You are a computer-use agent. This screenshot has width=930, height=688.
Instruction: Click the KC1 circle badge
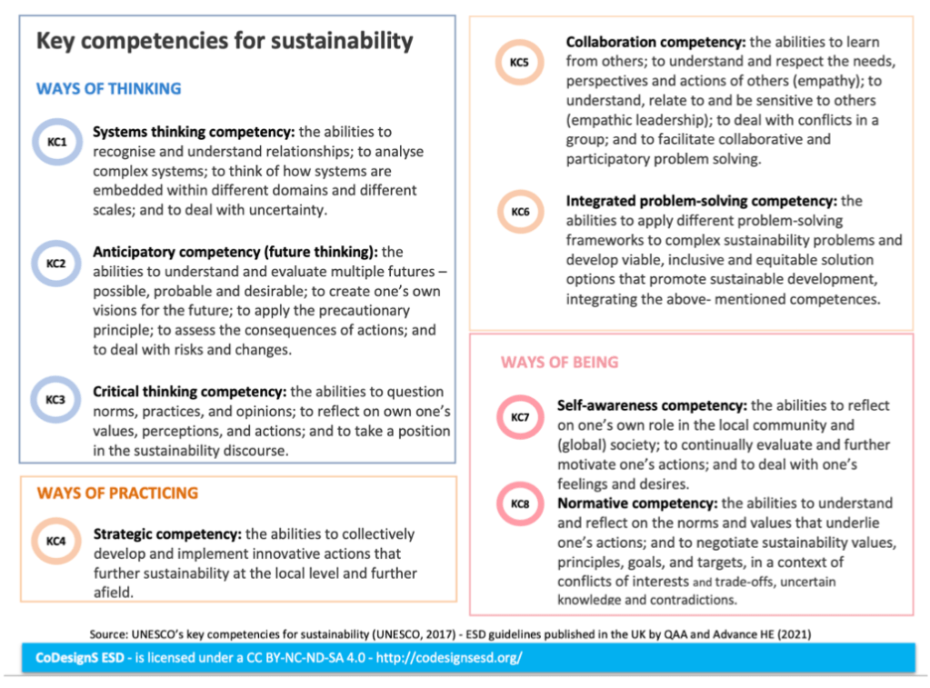pos(56,142)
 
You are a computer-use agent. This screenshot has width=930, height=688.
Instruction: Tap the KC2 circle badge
pos(56,264)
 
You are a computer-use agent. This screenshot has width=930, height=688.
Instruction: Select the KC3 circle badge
pos(56,400)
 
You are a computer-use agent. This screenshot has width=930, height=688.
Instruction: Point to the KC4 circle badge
pos(56,542)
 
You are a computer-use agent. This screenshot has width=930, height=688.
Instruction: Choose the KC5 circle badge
pos(519,63)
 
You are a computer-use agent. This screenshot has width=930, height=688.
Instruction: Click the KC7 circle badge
pos(520,417)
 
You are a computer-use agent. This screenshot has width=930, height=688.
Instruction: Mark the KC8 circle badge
pos(520,504)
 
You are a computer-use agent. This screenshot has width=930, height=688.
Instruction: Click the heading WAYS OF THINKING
pos(108,89)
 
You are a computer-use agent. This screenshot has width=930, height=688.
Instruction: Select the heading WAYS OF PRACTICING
pos(117,494)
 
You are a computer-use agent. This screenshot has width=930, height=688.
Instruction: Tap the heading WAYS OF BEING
pos(559,363)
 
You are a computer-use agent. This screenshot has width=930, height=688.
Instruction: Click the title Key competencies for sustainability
pos(224,41)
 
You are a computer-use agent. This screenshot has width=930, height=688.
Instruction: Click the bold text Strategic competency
pos(167,534)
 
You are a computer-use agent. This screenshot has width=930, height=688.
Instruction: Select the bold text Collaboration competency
pos(655,42)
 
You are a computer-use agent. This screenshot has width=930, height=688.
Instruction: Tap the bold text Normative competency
pos(637,504)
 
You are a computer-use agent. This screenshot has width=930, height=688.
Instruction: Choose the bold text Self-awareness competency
pos(652,405)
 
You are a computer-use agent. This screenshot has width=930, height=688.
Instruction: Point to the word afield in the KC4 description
pos(113,592)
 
